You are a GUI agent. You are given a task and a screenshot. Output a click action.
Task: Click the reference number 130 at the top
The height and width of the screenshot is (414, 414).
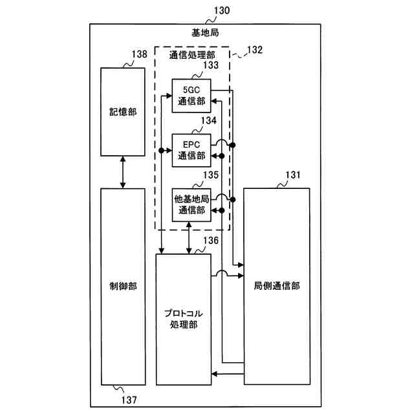pos(220,10)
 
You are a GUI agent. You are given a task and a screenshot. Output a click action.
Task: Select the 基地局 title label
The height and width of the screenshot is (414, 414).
pos(205,32)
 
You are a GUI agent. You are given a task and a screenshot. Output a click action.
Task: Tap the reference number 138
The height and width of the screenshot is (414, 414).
pos(139,56)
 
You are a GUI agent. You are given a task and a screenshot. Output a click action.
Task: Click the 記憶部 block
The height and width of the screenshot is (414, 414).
pos(123,111)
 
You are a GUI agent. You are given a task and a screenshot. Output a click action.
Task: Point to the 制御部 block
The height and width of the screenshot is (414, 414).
pos(123,285)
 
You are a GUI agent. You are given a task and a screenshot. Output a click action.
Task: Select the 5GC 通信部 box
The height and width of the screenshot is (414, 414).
pos(191,96)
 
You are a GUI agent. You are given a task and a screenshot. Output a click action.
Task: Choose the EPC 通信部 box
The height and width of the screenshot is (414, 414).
pos(191,151)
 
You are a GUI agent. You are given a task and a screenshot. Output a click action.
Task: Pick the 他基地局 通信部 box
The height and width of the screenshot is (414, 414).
pos(191,205)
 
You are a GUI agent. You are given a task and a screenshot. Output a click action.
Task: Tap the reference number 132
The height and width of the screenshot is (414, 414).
pos(255,50)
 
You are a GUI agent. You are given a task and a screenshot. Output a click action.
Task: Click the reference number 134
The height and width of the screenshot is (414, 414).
pos(208,121)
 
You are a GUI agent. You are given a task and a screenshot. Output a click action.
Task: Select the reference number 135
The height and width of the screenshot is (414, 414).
pos(210,175)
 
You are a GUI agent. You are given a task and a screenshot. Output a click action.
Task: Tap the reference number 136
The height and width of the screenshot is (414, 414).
pos(211,241)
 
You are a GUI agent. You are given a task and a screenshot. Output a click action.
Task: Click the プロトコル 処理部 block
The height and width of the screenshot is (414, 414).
pos(184,319)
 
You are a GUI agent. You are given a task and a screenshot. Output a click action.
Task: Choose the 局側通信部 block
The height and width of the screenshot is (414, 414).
pos(276,285)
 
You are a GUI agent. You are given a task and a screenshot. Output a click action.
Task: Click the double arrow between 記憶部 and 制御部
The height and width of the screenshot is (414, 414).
pos(123,172)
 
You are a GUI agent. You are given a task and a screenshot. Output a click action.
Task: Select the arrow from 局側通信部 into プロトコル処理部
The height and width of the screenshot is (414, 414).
pos(227,374)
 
